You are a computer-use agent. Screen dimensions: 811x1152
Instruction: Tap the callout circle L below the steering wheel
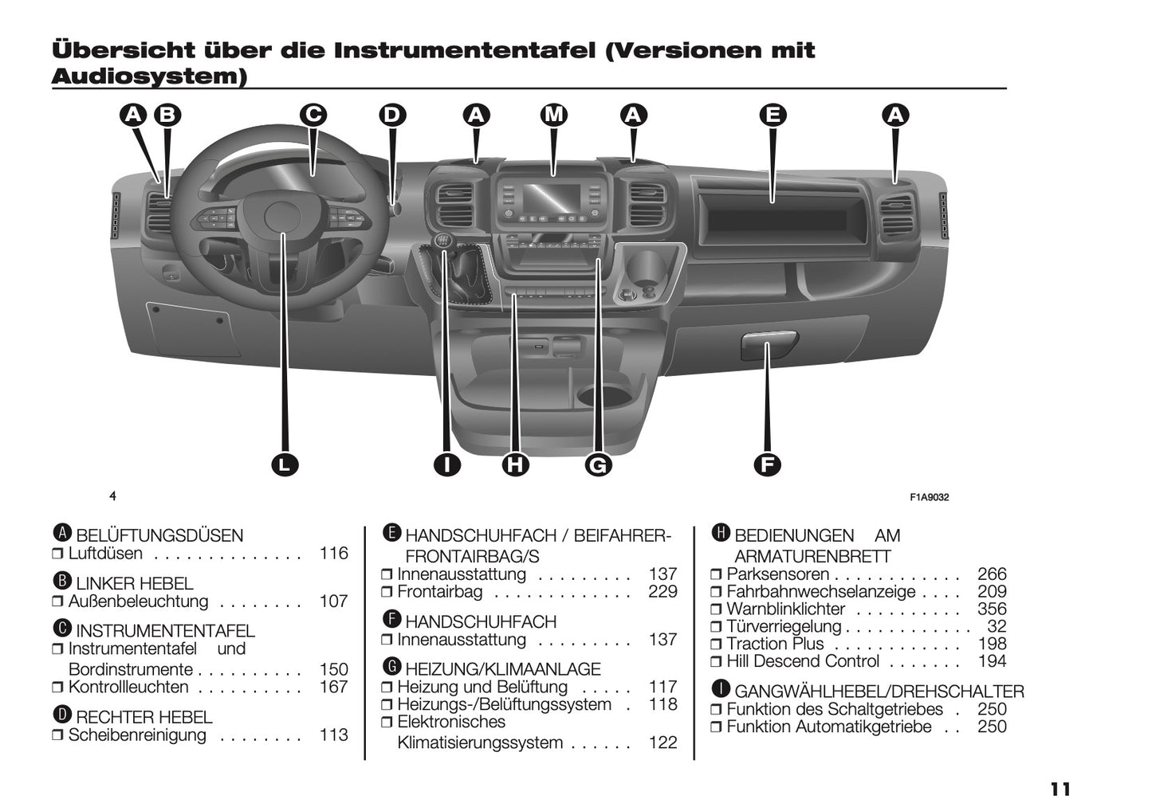tap(284, 464)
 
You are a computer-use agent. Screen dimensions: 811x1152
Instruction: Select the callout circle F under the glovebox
tap(766, 464)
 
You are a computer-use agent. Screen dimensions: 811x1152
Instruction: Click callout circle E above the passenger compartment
tap(772, 116)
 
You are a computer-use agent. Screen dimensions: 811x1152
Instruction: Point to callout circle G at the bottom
tap(597, 464)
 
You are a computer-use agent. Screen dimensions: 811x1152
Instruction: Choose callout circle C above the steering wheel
tap(313, 116)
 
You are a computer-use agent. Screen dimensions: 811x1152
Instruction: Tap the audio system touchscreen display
tap(552, 196)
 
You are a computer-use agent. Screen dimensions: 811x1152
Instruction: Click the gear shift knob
tap(442, 241)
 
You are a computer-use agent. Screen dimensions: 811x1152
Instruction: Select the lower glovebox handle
tap(769, 344)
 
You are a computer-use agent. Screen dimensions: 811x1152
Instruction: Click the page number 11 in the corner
tap(1060, 789)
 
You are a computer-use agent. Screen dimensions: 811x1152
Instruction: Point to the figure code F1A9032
tap(929, 497)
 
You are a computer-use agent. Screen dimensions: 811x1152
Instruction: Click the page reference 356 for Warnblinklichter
tap(992, 609)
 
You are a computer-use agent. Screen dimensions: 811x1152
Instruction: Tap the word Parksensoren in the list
tap(777, 574)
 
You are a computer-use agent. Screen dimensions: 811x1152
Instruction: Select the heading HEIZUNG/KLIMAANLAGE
tap(502, 669)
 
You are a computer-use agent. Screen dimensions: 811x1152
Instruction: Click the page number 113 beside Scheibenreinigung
tap(333, 735)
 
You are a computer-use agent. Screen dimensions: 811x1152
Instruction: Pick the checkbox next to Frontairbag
tap(387, 593)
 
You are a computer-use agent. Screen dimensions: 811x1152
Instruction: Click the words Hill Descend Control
tap(803, 662)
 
